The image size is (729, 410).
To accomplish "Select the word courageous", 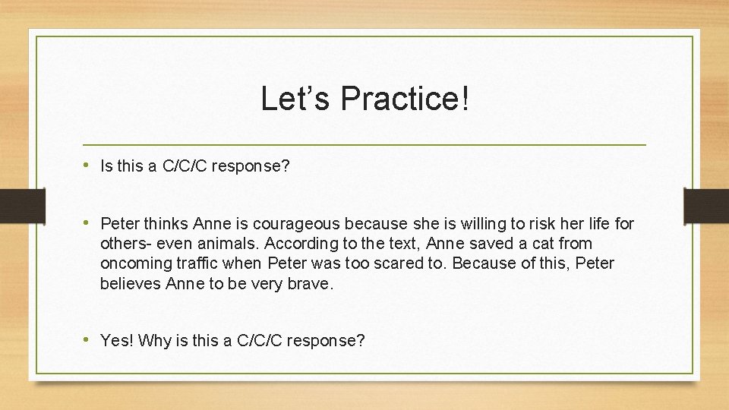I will tap(304, 224).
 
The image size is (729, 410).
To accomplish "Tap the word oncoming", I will tap(134, 264).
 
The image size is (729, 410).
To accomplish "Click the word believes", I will tap(130, 284).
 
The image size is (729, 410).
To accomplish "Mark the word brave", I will tap(311, 284).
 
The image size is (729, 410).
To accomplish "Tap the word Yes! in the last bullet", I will tap(117, 341).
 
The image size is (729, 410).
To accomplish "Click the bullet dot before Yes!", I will tap(88, 339).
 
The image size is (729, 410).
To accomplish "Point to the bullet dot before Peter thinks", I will tap(88, 222).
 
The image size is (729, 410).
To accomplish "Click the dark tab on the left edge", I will tap(13, 205).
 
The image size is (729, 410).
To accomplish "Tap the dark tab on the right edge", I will tap(705, 205).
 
